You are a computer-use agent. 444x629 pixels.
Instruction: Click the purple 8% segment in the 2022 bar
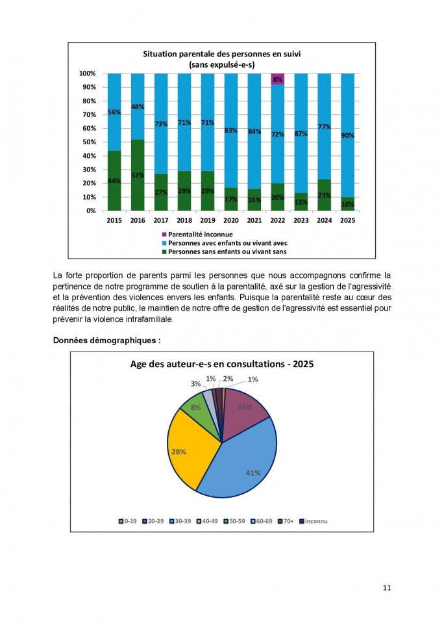click(278, 79)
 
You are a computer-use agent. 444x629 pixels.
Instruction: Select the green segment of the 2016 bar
click(138, 175)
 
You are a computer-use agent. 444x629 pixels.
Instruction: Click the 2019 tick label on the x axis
click(208, 221)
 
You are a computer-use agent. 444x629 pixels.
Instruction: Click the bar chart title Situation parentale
click(222, 54)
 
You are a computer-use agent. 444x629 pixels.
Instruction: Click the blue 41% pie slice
click(243, 465)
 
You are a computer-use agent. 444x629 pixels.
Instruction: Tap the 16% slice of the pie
click(245, 408)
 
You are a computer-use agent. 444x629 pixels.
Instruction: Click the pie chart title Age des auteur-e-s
click(222, 365)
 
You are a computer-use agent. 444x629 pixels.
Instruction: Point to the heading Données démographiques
click(106, 340)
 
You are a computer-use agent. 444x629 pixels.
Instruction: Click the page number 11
click(387, 588)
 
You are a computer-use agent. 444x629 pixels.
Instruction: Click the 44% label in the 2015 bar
click(114, 181)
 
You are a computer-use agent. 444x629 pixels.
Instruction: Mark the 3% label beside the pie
click(195, 384)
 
